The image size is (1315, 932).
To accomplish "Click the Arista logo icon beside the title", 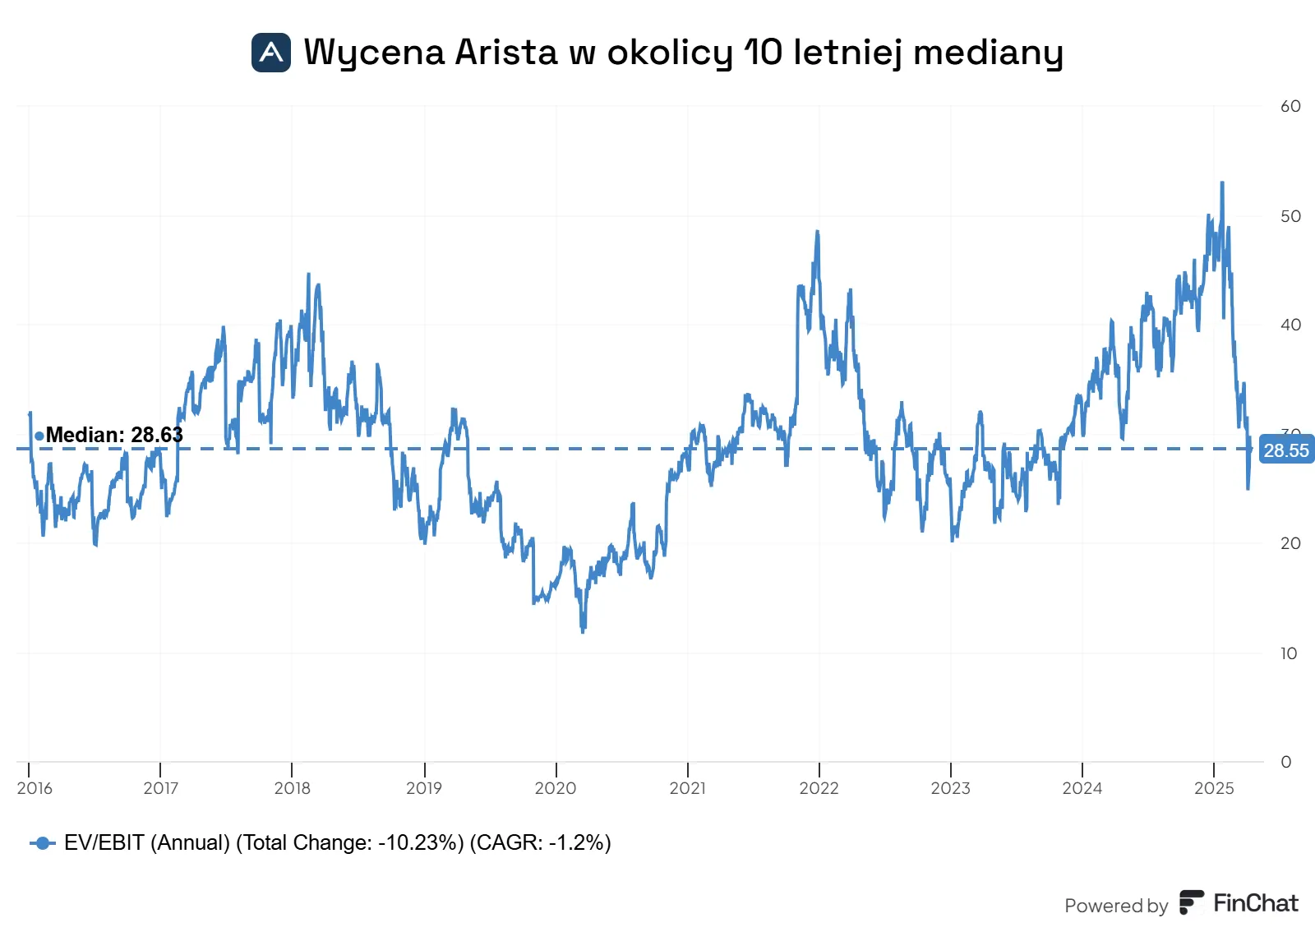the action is point(270,53).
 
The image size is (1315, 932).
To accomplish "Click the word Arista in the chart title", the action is point(505,53).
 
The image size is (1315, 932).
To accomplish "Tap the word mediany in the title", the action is point(988,53).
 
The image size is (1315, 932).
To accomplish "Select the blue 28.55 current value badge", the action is point(1286,450).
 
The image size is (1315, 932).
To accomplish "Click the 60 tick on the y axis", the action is point(1290,106).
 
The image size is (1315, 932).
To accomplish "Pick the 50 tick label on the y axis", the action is point(1290,216).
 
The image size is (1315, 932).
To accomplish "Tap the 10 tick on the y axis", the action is point(1290,653).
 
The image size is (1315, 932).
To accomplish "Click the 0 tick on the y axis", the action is point(1286,762).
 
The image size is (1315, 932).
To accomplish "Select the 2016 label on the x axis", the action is point(35,787).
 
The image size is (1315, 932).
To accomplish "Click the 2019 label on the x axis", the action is point(424,787).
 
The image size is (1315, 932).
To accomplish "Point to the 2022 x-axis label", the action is point(819,787).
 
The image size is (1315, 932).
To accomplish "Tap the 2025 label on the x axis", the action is point(1214,787).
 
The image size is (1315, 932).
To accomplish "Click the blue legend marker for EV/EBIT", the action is point(42,843).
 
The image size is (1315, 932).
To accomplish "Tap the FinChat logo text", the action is point(1256,903).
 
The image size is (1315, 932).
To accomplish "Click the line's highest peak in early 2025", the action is point(1222,182).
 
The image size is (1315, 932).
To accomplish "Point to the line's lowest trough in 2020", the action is point(583,632).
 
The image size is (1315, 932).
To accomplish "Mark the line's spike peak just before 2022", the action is point(817,231).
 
